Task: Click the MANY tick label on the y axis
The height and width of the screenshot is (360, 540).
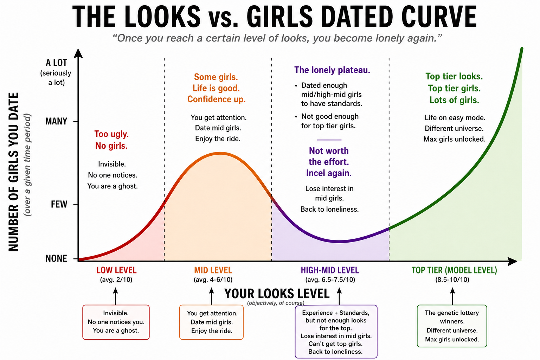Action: (56, 122)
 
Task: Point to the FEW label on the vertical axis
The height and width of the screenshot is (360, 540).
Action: (59, 204)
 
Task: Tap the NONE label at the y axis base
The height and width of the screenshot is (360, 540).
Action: (56, 259)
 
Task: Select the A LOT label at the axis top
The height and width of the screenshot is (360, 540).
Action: (56, 63)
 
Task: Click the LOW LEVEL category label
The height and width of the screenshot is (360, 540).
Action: (116, 270)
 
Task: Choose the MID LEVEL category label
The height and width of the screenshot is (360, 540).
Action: (213, 270)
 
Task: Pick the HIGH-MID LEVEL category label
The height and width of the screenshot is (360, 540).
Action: (330, 270)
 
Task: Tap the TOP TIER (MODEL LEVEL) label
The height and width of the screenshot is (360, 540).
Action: (454, 270)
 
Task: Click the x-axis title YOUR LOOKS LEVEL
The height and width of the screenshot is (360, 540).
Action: (277, 294)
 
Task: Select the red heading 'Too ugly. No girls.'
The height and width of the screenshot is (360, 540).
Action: (111, 140)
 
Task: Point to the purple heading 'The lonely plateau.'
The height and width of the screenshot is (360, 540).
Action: (332, 70)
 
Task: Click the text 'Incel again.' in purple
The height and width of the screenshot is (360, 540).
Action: (329, 173)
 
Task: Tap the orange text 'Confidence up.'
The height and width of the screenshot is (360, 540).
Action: (216, 99)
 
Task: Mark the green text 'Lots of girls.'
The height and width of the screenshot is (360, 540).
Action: (454, 100)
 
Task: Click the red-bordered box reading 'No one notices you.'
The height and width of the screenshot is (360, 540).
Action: (116, 322)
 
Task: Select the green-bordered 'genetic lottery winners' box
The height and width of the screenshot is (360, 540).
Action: (452, 326)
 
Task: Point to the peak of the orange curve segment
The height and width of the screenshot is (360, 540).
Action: (220, 153)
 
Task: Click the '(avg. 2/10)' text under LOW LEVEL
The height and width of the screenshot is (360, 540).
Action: (116, 280)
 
